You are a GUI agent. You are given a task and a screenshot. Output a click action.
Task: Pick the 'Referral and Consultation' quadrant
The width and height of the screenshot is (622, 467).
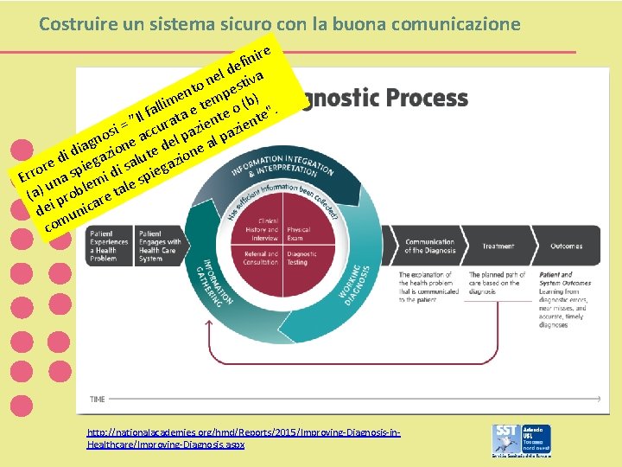click(x=261, y=258)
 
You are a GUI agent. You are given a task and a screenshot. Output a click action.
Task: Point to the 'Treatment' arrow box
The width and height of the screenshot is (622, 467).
click(x=498, y=246)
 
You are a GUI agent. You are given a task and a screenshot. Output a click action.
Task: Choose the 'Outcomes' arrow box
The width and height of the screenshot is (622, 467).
click(x=565, y=246)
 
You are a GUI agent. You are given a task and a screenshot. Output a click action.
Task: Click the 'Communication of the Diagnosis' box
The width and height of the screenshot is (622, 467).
click(x=429, y=246)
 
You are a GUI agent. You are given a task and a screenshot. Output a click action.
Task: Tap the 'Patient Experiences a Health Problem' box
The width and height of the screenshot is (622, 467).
click(x=108, y=246)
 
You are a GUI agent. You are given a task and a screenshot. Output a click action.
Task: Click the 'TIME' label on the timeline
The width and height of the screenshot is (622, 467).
click(x=98, y=400)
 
